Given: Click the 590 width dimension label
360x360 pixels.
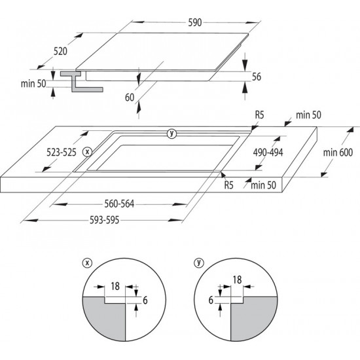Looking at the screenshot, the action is (194, 22).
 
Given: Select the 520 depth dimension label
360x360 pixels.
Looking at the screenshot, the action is (60, 51).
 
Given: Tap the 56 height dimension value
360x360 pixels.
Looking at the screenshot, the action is (257, 77).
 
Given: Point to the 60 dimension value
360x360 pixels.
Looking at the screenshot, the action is (130, 98).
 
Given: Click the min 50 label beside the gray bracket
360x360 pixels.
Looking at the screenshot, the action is (33, 84).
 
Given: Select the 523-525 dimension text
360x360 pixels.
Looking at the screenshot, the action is (62, 153).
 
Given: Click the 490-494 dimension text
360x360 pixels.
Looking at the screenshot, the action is (268, 153).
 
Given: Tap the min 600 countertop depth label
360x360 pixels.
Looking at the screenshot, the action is (338, 153).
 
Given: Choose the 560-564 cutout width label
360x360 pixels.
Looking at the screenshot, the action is (119, 204).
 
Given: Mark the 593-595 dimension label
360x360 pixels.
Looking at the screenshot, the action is (105, 221).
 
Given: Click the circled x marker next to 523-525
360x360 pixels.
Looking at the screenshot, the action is (87, 152).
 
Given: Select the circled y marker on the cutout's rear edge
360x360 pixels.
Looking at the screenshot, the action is (171, 134).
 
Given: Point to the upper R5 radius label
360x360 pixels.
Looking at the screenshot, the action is (259, 115).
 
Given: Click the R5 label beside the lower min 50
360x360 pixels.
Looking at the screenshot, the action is (228, 185).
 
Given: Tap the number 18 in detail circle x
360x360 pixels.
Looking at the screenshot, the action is (115, 286).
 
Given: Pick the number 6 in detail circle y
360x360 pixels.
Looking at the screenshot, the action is (211, 300).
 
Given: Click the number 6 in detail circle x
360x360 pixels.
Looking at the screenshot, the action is (145, 300).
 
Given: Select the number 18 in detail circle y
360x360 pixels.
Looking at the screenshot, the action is (237, 280).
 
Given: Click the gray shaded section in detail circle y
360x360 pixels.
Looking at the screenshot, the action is (253, 317).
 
